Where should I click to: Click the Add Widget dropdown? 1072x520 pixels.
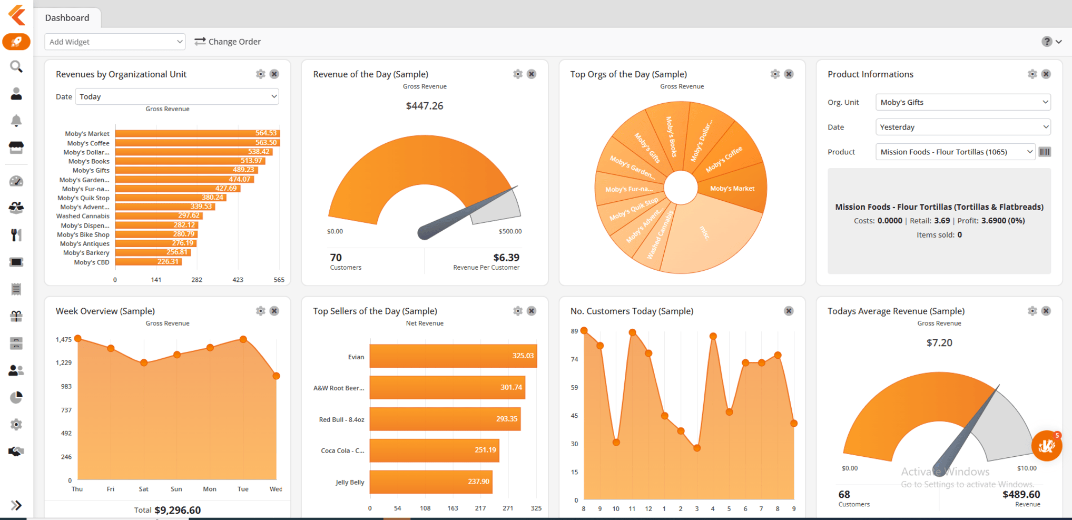(x=115, y=42)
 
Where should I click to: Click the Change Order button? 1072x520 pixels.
(x=228, y=42)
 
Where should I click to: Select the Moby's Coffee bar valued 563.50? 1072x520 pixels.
(x=197, y=143)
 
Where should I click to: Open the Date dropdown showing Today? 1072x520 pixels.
(x=177, y=96)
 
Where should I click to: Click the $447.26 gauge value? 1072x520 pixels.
(x=425, y=106)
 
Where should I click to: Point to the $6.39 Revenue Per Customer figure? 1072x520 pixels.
(x=506, y=258)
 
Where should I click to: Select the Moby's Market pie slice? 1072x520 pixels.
(x=732, y=189)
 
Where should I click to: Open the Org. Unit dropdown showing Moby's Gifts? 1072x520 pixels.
(x=962, y=102)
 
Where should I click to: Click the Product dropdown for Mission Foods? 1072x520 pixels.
(x=955, y=152)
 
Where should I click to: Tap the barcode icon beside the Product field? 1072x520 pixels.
(x=1045, y=152)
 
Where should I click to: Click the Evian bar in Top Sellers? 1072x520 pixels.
(x=453, y=356)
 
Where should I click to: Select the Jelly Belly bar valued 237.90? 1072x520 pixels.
(x=431, y=482)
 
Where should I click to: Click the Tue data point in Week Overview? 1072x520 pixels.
(x=243, y=339)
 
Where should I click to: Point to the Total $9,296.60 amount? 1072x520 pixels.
(x=177, y=510)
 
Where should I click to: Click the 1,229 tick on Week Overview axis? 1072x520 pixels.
(x=63, y=362)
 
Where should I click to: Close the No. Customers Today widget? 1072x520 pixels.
(x=789, y=311)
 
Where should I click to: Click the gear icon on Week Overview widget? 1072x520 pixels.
(x=260, y=311)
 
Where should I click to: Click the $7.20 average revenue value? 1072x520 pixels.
(x=939, y=343)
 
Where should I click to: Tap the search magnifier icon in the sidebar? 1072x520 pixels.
(x=16, y=66)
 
